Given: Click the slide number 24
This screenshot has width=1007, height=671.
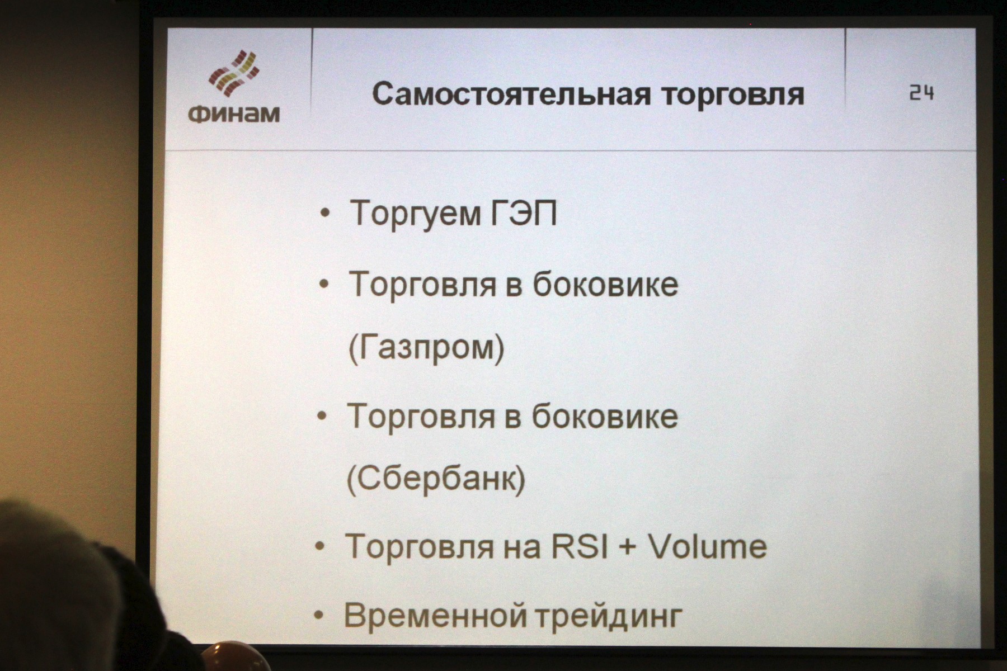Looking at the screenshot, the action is [921, 93].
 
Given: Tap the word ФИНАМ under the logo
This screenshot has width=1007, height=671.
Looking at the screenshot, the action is [234, 114].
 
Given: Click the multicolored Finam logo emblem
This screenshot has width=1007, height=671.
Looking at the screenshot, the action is [234, 73].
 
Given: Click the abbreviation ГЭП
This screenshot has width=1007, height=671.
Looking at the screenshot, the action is [524, 213].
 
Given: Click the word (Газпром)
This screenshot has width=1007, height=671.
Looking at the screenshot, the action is [426, 348].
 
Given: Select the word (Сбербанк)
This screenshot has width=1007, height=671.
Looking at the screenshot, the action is [436, 479].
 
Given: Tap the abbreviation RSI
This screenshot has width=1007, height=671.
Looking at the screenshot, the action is [580, 546].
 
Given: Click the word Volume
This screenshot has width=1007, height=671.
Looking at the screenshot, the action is [707, 546].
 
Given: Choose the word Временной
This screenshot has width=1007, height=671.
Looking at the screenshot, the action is [435, 615].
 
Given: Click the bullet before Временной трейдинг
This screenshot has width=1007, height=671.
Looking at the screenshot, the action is [319, 616].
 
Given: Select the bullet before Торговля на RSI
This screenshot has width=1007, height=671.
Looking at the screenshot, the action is [321, 546].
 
